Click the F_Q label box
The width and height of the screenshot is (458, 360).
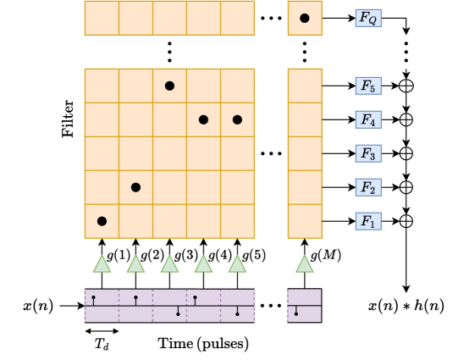point(368,18)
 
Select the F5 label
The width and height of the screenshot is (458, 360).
point(368,86)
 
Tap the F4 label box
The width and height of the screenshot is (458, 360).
point(368,119)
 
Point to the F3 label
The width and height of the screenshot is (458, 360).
point(368,153)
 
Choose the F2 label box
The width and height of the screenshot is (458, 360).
point(368,187)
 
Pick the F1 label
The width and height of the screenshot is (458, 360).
point(368,221)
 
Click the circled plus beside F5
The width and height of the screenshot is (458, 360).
point(406,86)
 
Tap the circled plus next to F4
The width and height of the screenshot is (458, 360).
point(406,119)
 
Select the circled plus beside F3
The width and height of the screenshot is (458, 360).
point(406,153)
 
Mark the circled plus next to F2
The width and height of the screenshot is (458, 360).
point(406,187)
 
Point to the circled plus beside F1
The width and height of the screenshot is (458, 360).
point(406,221)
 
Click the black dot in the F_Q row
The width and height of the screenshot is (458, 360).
point(305,18)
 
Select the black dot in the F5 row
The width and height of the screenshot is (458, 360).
point(169,86)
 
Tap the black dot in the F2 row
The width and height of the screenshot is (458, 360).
point(135,187)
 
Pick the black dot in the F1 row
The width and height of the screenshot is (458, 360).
point(102,221)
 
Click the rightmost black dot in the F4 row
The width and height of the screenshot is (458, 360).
point(237,119)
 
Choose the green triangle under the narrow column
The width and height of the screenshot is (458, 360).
point(305,264)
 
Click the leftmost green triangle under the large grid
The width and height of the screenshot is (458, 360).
point(102,264)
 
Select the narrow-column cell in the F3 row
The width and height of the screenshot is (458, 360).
point(305,153)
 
